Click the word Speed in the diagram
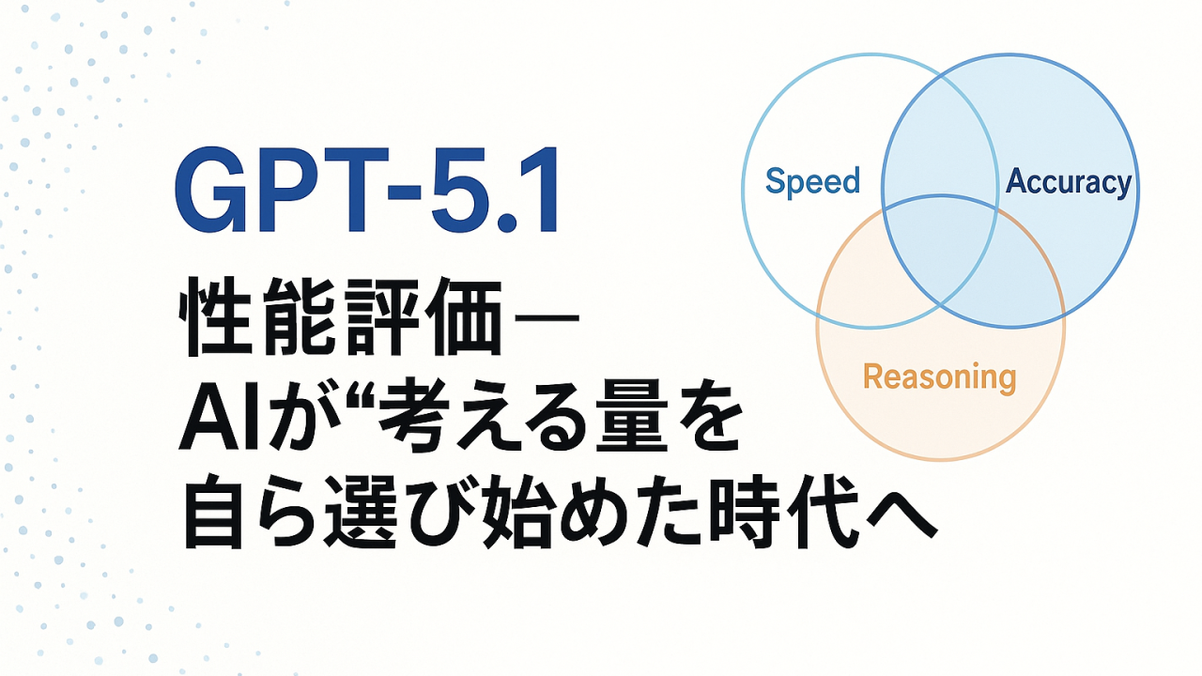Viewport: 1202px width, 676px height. tap(812, 182)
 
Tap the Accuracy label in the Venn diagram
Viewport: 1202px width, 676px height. tap(1069, 182)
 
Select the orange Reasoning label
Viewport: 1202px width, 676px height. tap(940, 377)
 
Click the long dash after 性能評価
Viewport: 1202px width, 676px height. tap(547, 317)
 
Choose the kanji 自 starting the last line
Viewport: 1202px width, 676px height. tap(213, 512)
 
